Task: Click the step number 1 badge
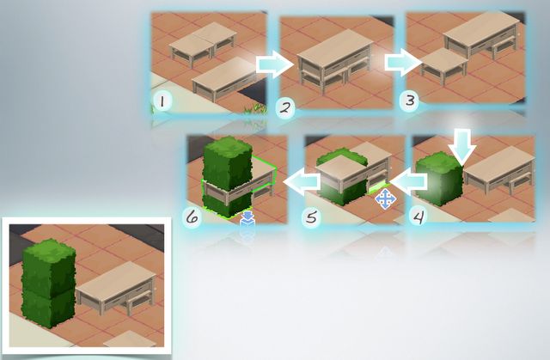pos(162,101)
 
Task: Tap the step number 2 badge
pos(285,108)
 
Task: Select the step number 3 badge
pos(409,101)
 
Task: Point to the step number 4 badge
pos(419,217)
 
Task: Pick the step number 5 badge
pos(311,217)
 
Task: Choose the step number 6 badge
pos(192,217)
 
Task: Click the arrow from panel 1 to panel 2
pos(275,64)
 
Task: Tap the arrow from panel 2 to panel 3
pos(403,63)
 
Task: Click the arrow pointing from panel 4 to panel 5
pos(408,181)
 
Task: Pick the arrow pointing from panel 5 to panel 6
pos(302,181)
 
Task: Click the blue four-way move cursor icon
pos(386,199)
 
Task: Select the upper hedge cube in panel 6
pos(227,163)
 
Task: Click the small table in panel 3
pos(443,65)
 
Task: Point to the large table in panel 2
pos(335,62)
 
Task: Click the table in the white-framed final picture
pos(116,288)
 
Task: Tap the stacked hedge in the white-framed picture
pos(48,284)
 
